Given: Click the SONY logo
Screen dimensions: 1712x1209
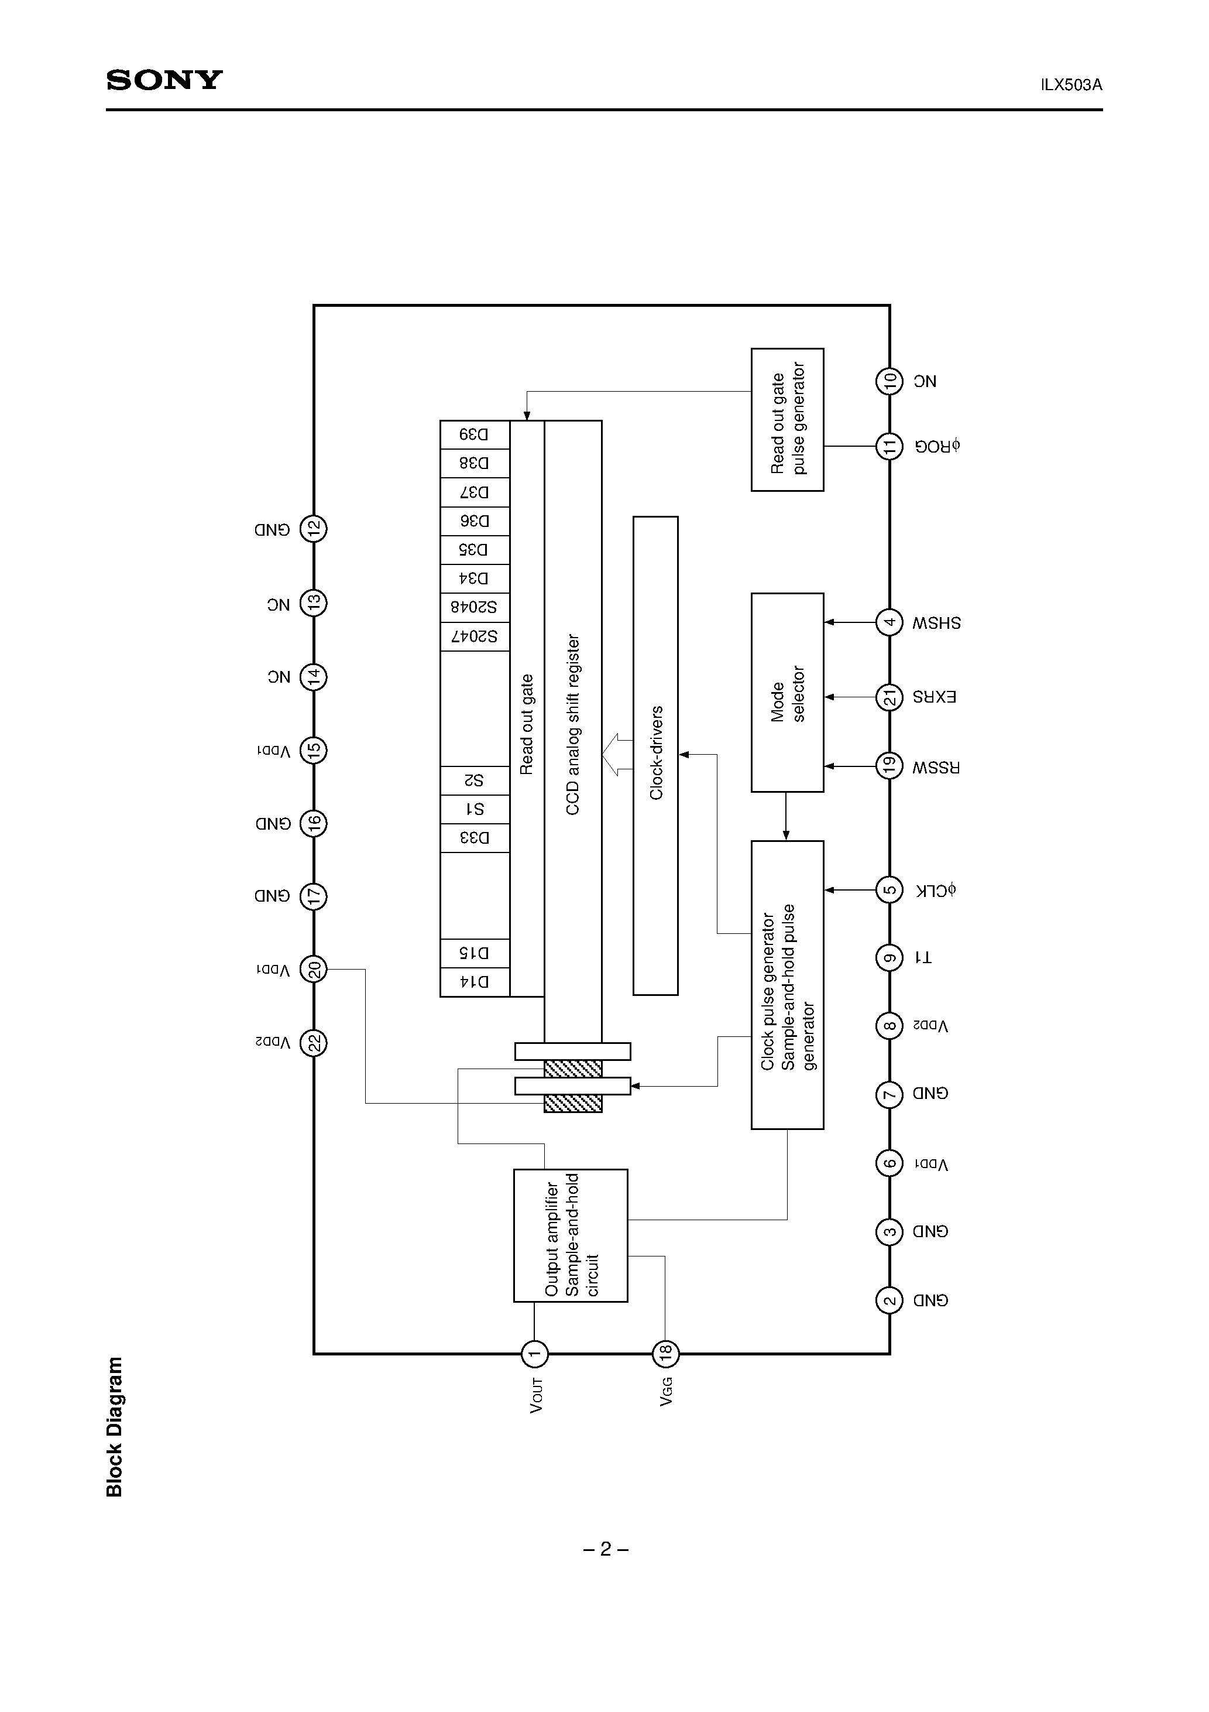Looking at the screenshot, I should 164,80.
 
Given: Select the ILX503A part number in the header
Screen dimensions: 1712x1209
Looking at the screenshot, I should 1071,85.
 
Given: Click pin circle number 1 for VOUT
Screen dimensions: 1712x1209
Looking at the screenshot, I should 534,1353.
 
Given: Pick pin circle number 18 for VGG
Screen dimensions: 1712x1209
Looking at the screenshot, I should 665,1353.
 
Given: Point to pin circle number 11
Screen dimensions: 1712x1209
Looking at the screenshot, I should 889,447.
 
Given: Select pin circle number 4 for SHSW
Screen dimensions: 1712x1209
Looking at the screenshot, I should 889,622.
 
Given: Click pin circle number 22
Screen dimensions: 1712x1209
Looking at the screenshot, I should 314,1042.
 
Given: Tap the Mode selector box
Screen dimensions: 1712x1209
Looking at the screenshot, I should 787,693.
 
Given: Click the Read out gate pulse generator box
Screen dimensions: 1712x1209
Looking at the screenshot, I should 787,420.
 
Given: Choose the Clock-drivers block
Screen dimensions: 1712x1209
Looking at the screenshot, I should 655,755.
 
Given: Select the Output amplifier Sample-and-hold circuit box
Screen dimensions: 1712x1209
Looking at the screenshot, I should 570,1235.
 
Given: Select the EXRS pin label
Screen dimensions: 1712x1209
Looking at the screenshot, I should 935,697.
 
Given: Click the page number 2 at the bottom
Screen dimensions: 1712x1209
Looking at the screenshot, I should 605,1549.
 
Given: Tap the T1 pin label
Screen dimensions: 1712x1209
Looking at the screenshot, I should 923,957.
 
